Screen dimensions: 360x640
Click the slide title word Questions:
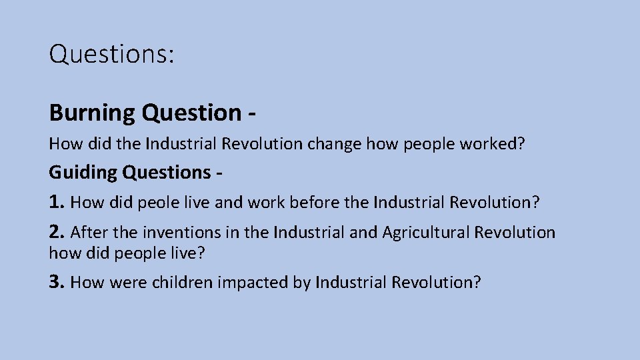112,54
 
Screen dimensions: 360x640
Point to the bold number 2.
57,232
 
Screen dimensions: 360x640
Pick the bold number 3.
57,282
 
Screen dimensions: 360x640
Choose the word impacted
253,283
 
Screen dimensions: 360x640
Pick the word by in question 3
302,283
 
